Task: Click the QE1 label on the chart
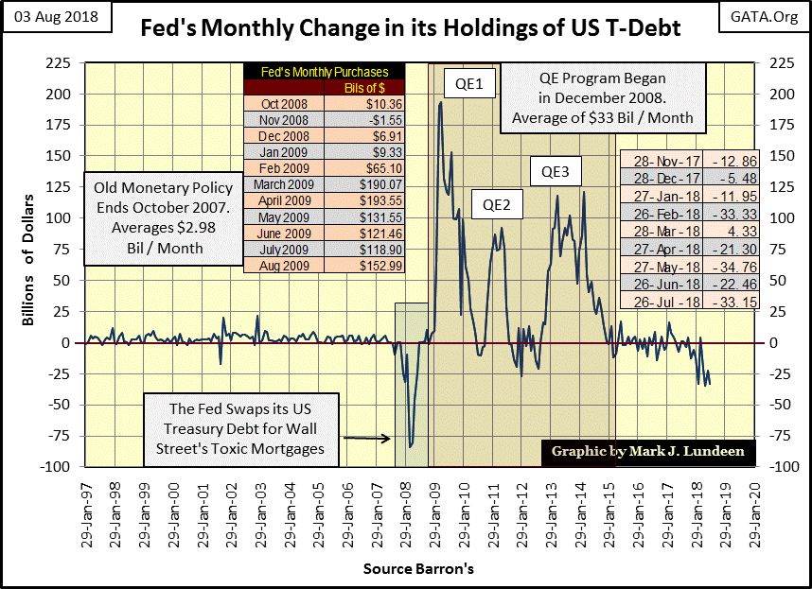[x=464, y=84]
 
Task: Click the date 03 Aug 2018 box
[x=55, y=17]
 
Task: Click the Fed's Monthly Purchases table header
[x=323, y=72]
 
